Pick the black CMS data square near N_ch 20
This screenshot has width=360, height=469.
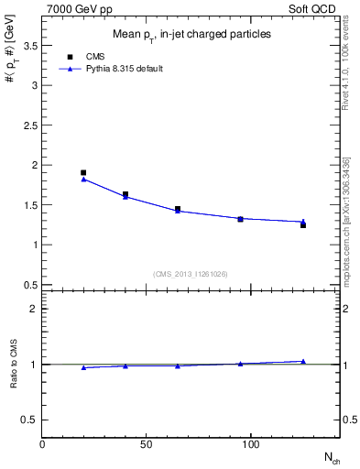coord(83,172)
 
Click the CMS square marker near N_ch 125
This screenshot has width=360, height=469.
coord(303,224)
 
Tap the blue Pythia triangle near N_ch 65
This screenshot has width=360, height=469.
coord(178,211)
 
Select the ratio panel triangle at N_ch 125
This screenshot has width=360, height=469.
coord(303,361)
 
